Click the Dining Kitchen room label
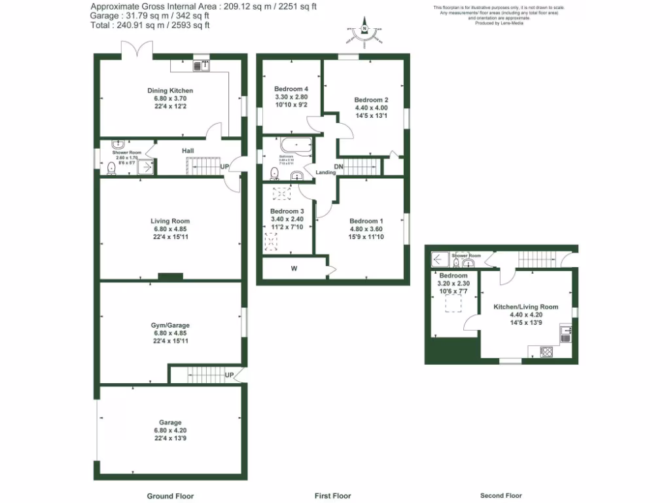[x=169, y=90]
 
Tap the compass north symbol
[x=365, y=28]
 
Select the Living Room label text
[x=169, y=221]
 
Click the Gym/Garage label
[x=169, y=326]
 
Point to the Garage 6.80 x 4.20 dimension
[x=169, y=430]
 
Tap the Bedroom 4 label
[x=291, y=89]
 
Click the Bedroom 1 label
[x=366, y=221]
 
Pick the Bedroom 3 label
[x=287, y=212]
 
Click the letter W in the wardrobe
[x=293, y=268]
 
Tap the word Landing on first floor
[x=325, y=173]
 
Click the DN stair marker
[x=339, y=167]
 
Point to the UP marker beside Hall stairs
[x=224, y=167]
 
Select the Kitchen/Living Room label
[x=517, y=307]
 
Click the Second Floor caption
[x=501, y=496]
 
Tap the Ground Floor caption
[x=170, y=496]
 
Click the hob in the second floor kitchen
[x=546, y=352]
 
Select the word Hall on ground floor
[x=188, y=151]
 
